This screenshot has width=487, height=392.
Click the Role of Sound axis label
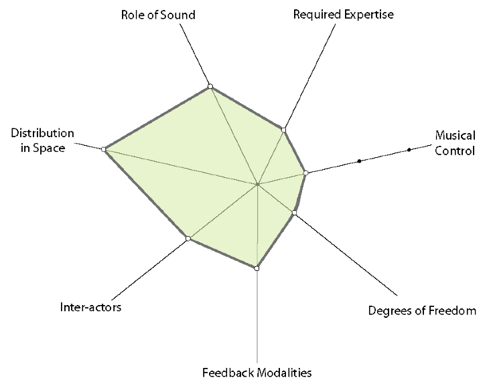(159, 14)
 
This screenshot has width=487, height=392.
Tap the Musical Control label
(455, 142)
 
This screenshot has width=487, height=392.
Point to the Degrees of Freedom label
(422, 310)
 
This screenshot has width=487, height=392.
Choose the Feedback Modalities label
(257, 372)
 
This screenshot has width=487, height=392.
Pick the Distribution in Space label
(42, 140)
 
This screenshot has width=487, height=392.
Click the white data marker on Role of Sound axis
(210, 86)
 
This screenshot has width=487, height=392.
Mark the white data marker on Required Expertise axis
(284, 130)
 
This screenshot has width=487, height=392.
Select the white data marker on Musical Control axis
(305, 173)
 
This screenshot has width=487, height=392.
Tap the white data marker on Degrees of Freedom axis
(293, 213)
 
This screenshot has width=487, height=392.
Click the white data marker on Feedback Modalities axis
(257, 268)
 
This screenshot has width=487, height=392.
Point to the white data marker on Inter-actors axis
(188, 239)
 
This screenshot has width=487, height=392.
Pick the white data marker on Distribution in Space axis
(104, 150)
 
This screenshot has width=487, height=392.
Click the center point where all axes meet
(257, 184)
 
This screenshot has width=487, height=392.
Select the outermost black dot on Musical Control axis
(409, 150)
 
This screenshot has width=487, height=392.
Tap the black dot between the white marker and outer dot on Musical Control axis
(360, 161)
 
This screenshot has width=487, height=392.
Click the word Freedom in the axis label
(451, 310)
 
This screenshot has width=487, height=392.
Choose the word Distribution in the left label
(42, 133)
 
